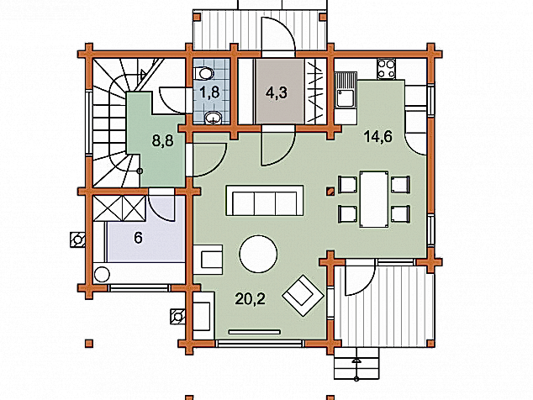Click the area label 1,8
pos(210,92)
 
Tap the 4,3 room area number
pos(277,92)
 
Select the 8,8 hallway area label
pos(163,140)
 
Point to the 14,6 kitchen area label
pos(378,136)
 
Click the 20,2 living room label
pos(251,298)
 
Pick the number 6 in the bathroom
pos(138,238)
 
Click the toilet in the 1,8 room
pos(203,73)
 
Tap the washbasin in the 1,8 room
pos(214,118)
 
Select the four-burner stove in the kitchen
pos(386,69)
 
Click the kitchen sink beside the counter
pos(346,90)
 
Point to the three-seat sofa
pos(265,201)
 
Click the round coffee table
pos(258,255)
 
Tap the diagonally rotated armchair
pos(303,295)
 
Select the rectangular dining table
pos(374,199)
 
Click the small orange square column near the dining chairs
pos(330,192)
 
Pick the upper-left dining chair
pos(347,185)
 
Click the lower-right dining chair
pos(400,214)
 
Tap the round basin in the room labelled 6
pos(102,275)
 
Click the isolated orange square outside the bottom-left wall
pos(89,344)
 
